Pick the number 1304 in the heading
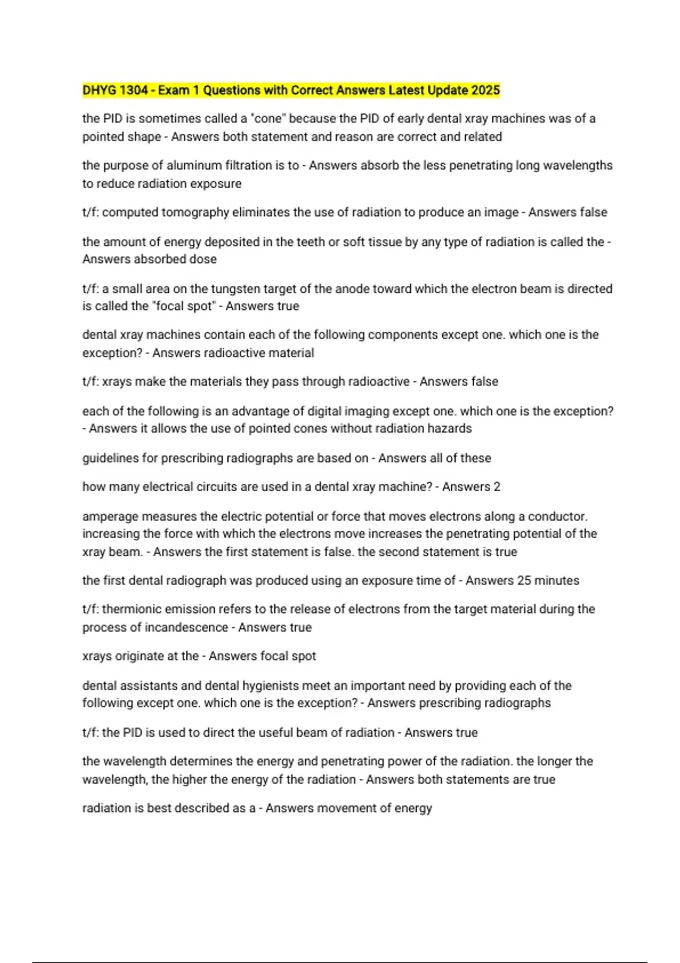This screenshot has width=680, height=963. tap(134, 90)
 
